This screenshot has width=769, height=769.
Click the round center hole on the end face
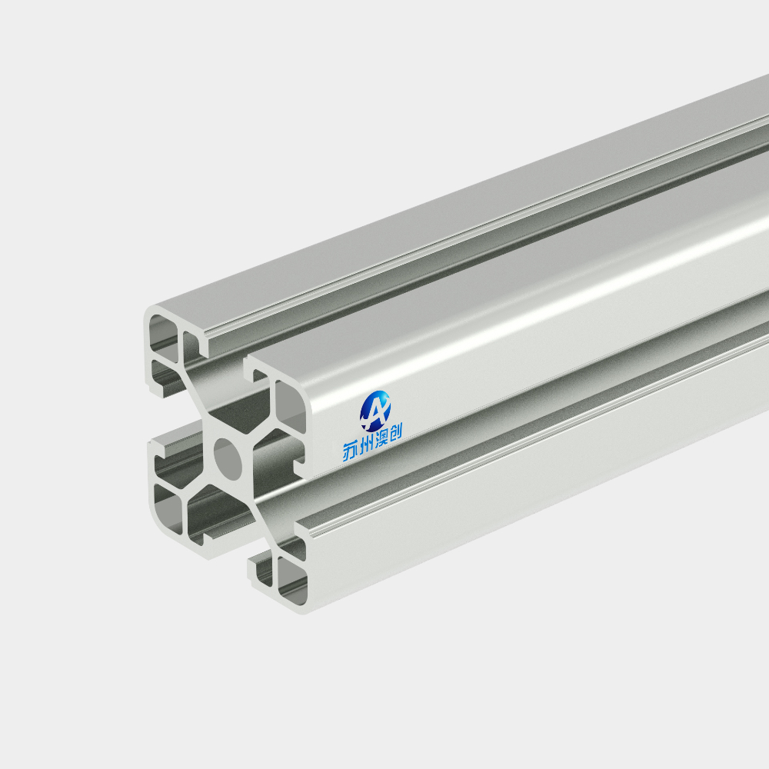228,459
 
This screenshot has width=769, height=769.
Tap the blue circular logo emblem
375,411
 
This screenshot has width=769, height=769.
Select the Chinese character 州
366,444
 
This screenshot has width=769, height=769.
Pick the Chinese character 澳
381,439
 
